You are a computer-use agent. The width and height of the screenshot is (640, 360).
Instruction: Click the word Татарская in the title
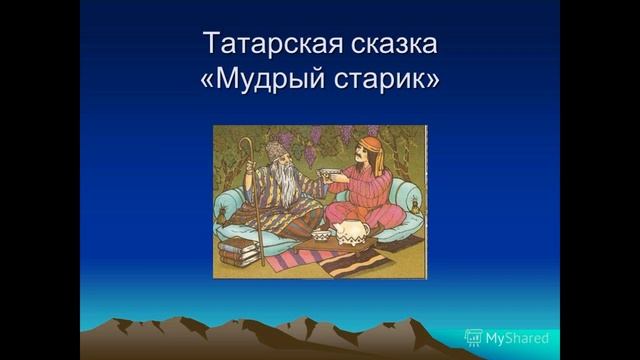pyautogui.click(x=262, y=45)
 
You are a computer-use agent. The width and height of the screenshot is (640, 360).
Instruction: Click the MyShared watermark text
pyautogui.click(x=516, y=338)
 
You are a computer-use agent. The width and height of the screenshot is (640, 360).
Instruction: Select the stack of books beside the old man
pyautogui.click(x=237, y=251)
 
